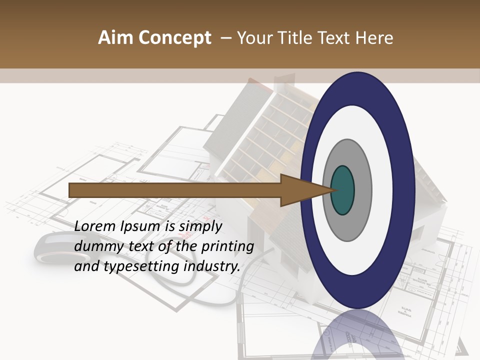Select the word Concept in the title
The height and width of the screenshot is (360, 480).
[175, 38]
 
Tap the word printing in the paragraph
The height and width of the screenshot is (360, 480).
[227, 247]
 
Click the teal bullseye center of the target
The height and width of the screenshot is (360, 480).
[343, 190]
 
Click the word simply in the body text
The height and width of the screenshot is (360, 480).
[200, 227]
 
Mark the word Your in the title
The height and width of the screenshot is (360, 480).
[254, 38]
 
